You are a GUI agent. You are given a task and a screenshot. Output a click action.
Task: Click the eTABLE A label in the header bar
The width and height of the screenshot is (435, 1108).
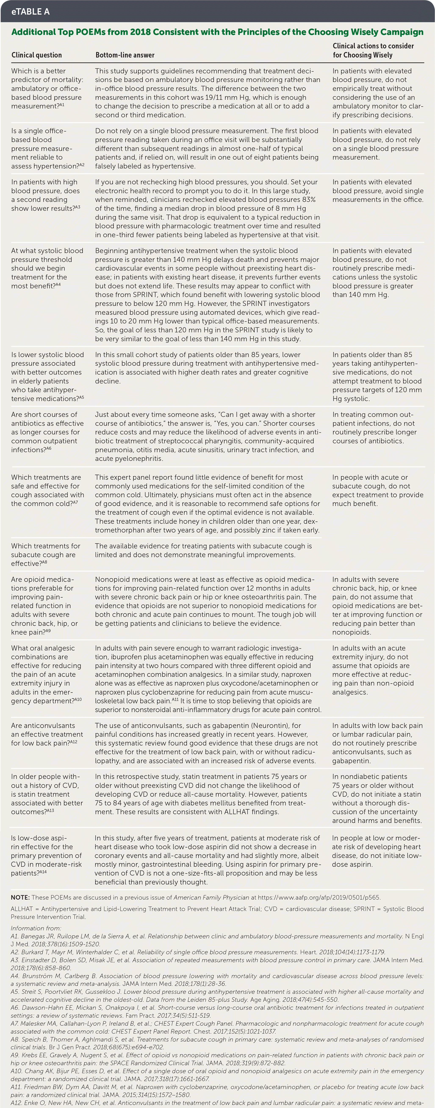pos(30,12)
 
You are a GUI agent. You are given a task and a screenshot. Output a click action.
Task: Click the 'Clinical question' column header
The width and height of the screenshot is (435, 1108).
pos(37,55)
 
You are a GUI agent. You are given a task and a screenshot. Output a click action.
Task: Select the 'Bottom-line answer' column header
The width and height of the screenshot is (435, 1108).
pos(125,55)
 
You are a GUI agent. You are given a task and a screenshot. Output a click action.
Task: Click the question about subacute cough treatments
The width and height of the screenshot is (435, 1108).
pos(46,555)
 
